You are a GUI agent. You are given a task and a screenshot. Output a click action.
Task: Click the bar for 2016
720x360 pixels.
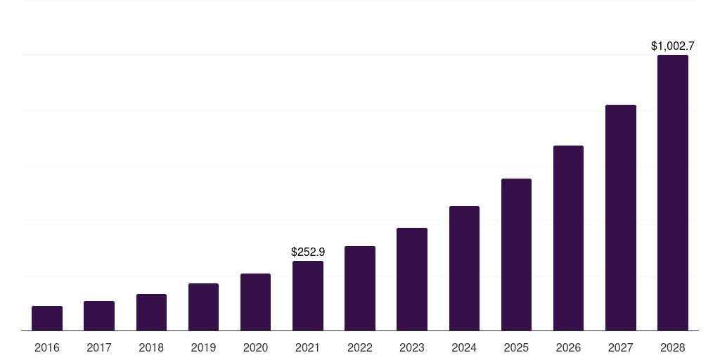pyautogui.click(x=47, y=318)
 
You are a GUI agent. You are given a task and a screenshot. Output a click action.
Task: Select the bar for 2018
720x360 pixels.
pyautogui.click(x=151, y=312)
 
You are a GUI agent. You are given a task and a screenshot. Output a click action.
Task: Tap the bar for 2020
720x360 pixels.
pyautogui.click(x=255, y=302)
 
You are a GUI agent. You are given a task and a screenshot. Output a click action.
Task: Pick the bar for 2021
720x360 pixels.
pyautogui.click(x=308, y=295)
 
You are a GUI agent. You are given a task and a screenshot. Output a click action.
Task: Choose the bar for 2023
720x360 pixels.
pyautogui.click(x=412, y=279)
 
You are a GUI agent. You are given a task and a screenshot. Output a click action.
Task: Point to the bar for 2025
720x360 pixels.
pyautogui.click(x=516, y=255)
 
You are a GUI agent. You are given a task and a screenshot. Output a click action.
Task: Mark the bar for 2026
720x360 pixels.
pyautogui.click(x=568, y=238)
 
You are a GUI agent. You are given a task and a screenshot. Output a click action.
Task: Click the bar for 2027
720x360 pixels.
pyautogui.click(x=620, y=217)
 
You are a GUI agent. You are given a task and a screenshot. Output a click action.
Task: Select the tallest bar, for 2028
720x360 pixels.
pyautogui.click(x=673, y=193)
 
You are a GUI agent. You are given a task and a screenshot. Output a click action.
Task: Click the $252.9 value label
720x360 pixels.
pyautogui.click(x=308, y=252)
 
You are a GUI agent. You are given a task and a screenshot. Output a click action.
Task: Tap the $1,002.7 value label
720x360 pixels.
pyautogui.click(x=673, y=46)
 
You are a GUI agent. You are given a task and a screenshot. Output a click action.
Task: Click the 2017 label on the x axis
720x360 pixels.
pyautogui.click(x=99, y=347)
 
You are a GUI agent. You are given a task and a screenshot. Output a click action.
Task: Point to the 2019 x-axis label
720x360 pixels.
pyautogui.click(x=203, y=347)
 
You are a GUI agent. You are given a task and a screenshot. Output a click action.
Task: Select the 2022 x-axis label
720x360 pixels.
pyautogui.click(x=360, y=347)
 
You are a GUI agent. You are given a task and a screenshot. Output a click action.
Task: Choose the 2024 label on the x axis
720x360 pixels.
pyautogui.click(x=464, y=347)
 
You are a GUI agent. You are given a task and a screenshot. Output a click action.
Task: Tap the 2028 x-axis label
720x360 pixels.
pyautogui.click(x=673, y=347)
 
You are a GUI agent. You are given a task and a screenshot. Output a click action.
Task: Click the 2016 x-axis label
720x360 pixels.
pyautogui.click(x=47, y=347)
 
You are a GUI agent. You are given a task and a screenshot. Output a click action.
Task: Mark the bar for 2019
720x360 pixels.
pyautogui.click(x=203, y=307)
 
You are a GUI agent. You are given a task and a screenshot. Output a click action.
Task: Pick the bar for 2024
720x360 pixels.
pyautogui.click(x=464, y=268)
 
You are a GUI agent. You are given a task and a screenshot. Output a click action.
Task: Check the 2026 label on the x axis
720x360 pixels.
pyautogui.click(x=568, y=347)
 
